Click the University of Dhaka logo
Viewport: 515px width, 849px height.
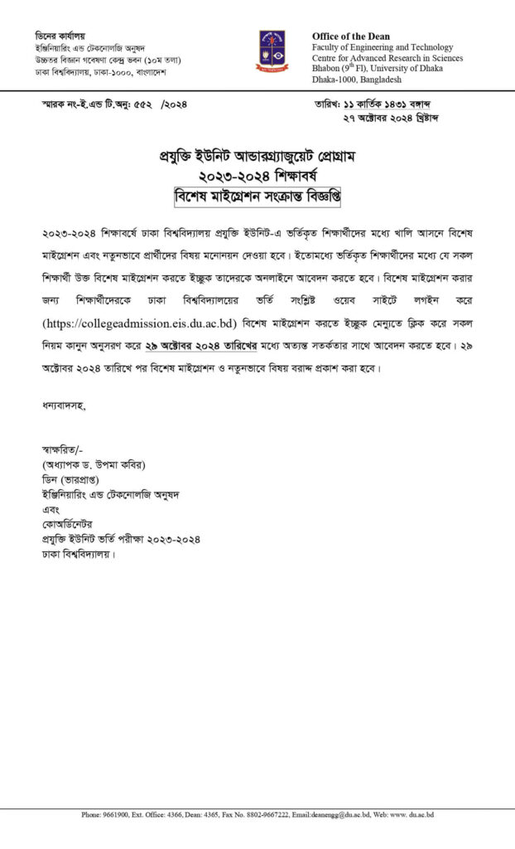272,50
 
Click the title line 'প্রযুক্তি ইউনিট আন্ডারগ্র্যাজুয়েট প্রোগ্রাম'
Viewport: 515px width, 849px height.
257,158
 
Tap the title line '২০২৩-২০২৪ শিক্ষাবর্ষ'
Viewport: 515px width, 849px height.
257,176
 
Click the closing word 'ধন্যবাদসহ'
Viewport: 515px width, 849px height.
63,406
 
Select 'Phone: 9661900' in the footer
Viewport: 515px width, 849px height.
105,815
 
